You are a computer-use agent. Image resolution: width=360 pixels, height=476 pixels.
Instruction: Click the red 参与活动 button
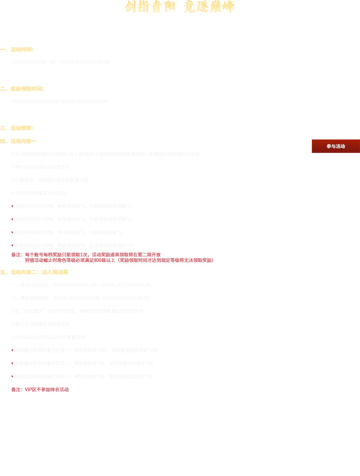[x=336, y=146]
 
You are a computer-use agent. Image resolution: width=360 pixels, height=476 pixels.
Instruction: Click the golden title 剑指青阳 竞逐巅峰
[x=180, y=7]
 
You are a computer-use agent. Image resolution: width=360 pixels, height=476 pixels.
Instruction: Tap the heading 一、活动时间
[x=17, y=49]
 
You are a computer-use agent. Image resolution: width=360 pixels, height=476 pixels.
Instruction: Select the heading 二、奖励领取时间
[x=22, y=89]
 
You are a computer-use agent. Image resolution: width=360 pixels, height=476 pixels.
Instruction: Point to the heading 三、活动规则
[x=17, y=128]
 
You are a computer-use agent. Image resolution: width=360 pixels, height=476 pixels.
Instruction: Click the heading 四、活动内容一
[x=19, y=141]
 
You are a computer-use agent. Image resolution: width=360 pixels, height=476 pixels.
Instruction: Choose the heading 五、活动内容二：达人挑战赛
[x=34, y=272]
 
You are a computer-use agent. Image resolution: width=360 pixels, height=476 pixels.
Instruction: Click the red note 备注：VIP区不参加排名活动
[x=40, y=390]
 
